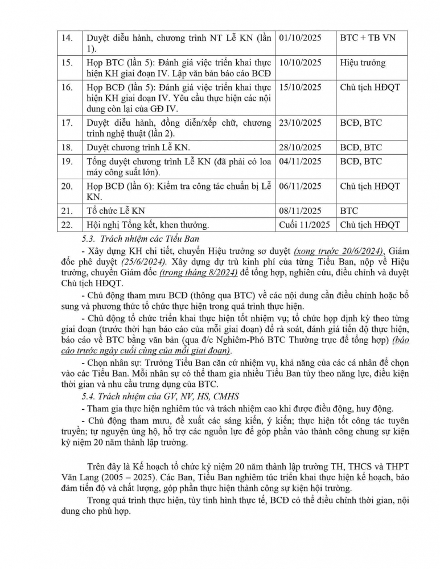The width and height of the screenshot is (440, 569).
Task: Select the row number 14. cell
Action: point(67,38)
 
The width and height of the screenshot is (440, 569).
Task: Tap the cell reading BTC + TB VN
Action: point(367,38)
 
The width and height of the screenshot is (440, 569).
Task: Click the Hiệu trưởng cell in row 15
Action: point(363,63)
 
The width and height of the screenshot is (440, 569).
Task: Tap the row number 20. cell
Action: point(67,186)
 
